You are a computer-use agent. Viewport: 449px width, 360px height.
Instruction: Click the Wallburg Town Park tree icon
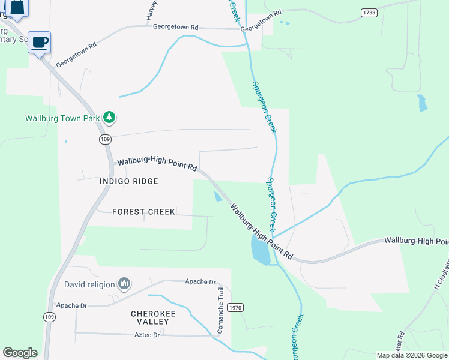[x=109, y=118]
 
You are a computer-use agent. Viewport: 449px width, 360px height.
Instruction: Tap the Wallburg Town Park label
[x=62, y=118]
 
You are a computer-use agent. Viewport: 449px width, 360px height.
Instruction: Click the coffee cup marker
[x=40, y=43]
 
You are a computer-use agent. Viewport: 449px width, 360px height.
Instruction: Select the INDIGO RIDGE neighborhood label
[x=130, y=181]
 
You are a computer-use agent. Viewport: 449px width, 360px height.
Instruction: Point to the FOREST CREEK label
[x=144, y=212]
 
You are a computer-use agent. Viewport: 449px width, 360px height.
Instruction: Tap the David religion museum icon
[x=124, y=283]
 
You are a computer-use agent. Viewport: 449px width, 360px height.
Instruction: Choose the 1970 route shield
[x=236, y=308]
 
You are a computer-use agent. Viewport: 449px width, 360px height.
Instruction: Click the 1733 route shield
[x=369, y=12]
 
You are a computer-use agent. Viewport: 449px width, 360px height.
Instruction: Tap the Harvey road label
[x=151, y=11]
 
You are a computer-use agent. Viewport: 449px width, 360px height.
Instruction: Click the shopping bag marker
[x=17, y=8]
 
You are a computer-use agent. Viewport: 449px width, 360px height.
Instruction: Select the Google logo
[x=20, y=353]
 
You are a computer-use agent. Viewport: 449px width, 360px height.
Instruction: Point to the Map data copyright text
[x=412, y=355]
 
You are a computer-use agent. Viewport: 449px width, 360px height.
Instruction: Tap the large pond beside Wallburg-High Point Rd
[x=261, y=250]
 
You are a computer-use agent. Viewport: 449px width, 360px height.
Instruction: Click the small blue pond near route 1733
[x=423, y=103]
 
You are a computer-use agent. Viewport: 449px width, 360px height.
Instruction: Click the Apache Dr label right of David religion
[x=200, y=281]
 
